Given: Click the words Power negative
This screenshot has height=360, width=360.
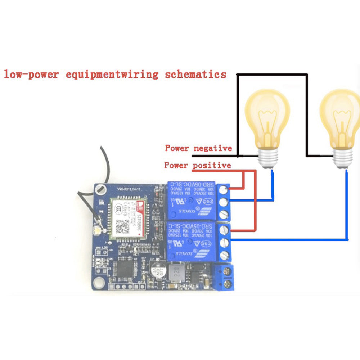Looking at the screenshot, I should [x=198, y=148].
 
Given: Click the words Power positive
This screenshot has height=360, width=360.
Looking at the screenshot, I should [x=197, y=165].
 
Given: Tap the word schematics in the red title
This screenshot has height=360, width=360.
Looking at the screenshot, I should [x=196, y=75].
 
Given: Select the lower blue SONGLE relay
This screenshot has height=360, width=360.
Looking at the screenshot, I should [x=191, y=240].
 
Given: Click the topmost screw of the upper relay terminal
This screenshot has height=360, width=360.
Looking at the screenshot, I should [x=225, y=189].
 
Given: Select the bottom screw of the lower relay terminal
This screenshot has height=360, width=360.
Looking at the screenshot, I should [x=225, y=255].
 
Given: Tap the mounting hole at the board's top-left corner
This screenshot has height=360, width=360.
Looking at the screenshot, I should [x=101, y=188].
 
